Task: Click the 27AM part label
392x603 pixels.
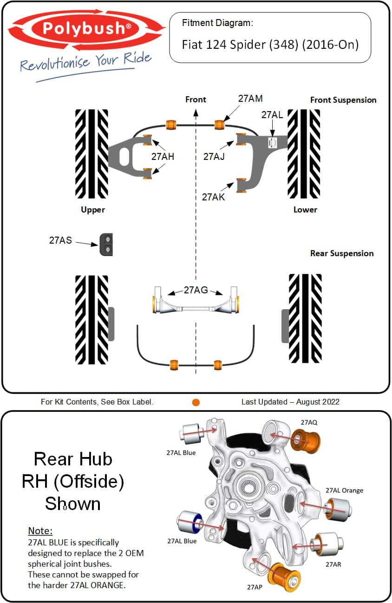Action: (x=250, y=99)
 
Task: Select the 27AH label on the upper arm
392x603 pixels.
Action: (x=163, y=157)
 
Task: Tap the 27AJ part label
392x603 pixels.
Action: (x=214, y=157)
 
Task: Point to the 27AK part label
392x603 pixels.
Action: (x=213, y=197)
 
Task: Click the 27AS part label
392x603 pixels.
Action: (x=60, y=240)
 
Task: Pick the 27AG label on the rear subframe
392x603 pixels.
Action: (x=196, y=290)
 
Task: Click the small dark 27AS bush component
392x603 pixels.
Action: (x=107, y=244)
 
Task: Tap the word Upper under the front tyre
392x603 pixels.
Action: (x=93, y=210)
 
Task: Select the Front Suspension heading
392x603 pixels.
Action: (x=343, y=100)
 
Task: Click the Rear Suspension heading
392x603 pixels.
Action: (x=342, y=253)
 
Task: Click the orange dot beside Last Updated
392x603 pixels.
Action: (x=196, y=402)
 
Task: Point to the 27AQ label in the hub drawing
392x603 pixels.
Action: (x=309, y=423)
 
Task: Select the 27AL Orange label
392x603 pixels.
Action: (x=344, y=490)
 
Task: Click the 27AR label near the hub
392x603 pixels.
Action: (x=333, y=564)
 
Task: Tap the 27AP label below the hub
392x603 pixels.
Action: (x=255, y=587)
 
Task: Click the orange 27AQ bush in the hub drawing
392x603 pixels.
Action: (x=306, y=440)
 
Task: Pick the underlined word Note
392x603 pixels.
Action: (x=40, y=530)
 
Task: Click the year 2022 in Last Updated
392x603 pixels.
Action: (x=330, y=402)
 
